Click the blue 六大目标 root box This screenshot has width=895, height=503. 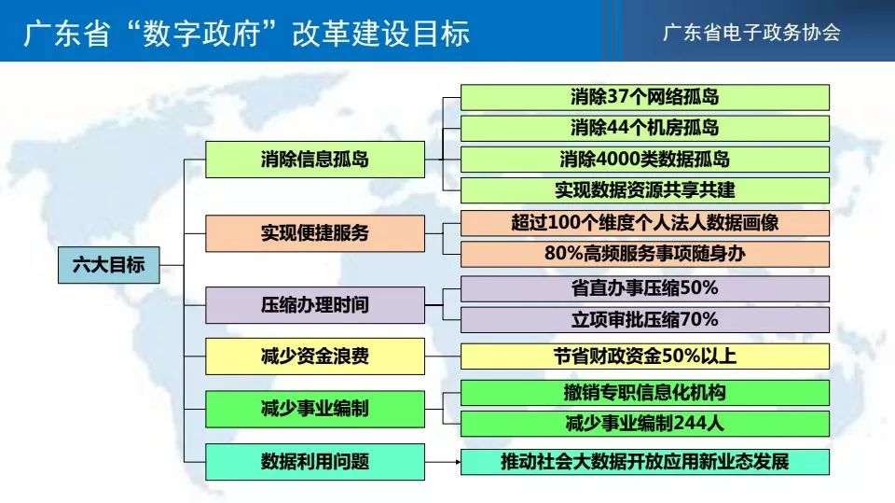pyautogui.click(x=108, y=265)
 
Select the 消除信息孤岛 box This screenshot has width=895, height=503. pyautogui.click(x=315, y=159)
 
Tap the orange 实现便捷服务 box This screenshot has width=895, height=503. pyautogui.click(x=315, y=233)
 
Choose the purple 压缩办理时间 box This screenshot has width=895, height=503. pyautogui.click(x=315, y=304)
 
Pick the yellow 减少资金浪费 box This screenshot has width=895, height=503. pyautogui.click(x=315, y=356)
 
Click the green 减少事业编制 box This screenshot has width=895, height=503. pyautogui.click(x=315, y=409)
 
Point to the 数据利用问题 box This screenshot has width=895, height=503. pyautogui.click(x=315, y=461)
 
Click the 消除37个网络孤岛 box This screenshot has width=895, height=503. pyautogui.click(x=645, y=97)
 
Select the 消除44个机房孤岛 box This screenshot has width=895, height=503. pyautogui.click(x=645, y=128)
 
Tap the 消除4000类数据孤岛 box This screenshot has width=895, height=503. pyautogui.click(x=645, y=160)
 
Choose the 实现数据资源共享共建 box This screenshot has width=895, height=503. pyautogui.click(x=645, y=190)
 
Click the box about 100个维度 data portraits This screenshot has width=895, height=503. pyautogui.click(x=645, y=223)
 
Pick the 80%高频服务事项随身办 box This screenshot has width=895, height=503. pyautogui.click(x=645, y=254)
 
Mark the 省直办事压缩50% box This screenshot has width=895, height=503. pyautogui.click(x=645, y=288)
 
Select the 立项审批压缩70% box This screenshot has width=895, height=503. pyautogui.click(x=645, y=319)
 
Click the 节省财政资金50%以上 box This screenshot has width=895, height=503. pyautogui.click(x=645, y=356)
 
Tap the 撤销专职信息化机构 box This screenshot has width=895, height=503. pyautogui.click(x=645, y=393)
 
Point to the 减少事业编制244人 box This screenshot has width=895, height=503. pyautogui.click(x=645, y=424)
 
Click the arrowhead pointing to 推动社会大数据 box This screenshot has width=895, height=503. pyautogui.click(x=458, y=462)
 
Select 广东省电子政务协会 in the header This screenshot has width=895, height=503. pyautogui.click(x=751, y=33)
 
